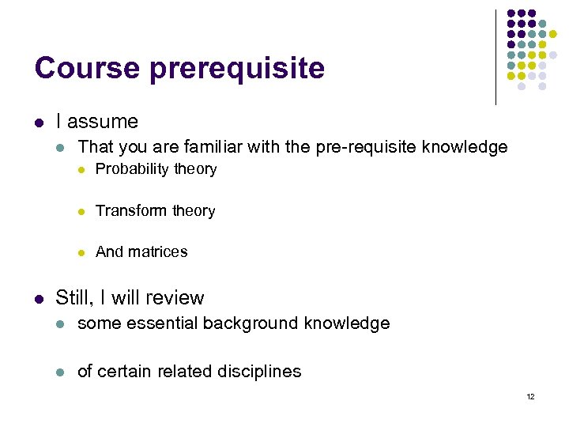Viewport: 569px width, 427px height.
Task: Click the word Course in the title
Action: (86, 68)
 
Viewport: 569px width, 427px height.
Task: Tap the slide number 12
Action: (529, 396)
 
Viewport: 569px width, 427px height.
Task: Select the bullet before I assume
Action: (39, 122)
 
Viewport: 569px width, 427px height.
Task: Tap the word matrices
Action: (158, 251)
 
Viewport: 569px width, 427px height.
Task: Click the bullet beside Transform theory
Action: (81, 211)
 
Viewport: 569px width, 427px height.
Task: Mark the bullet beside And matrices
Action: (81, 252)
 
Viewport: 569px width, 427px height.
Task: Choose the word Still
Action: (74, 297)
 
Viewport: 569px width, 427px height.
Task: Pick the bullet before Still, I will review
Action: (39, 298)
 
